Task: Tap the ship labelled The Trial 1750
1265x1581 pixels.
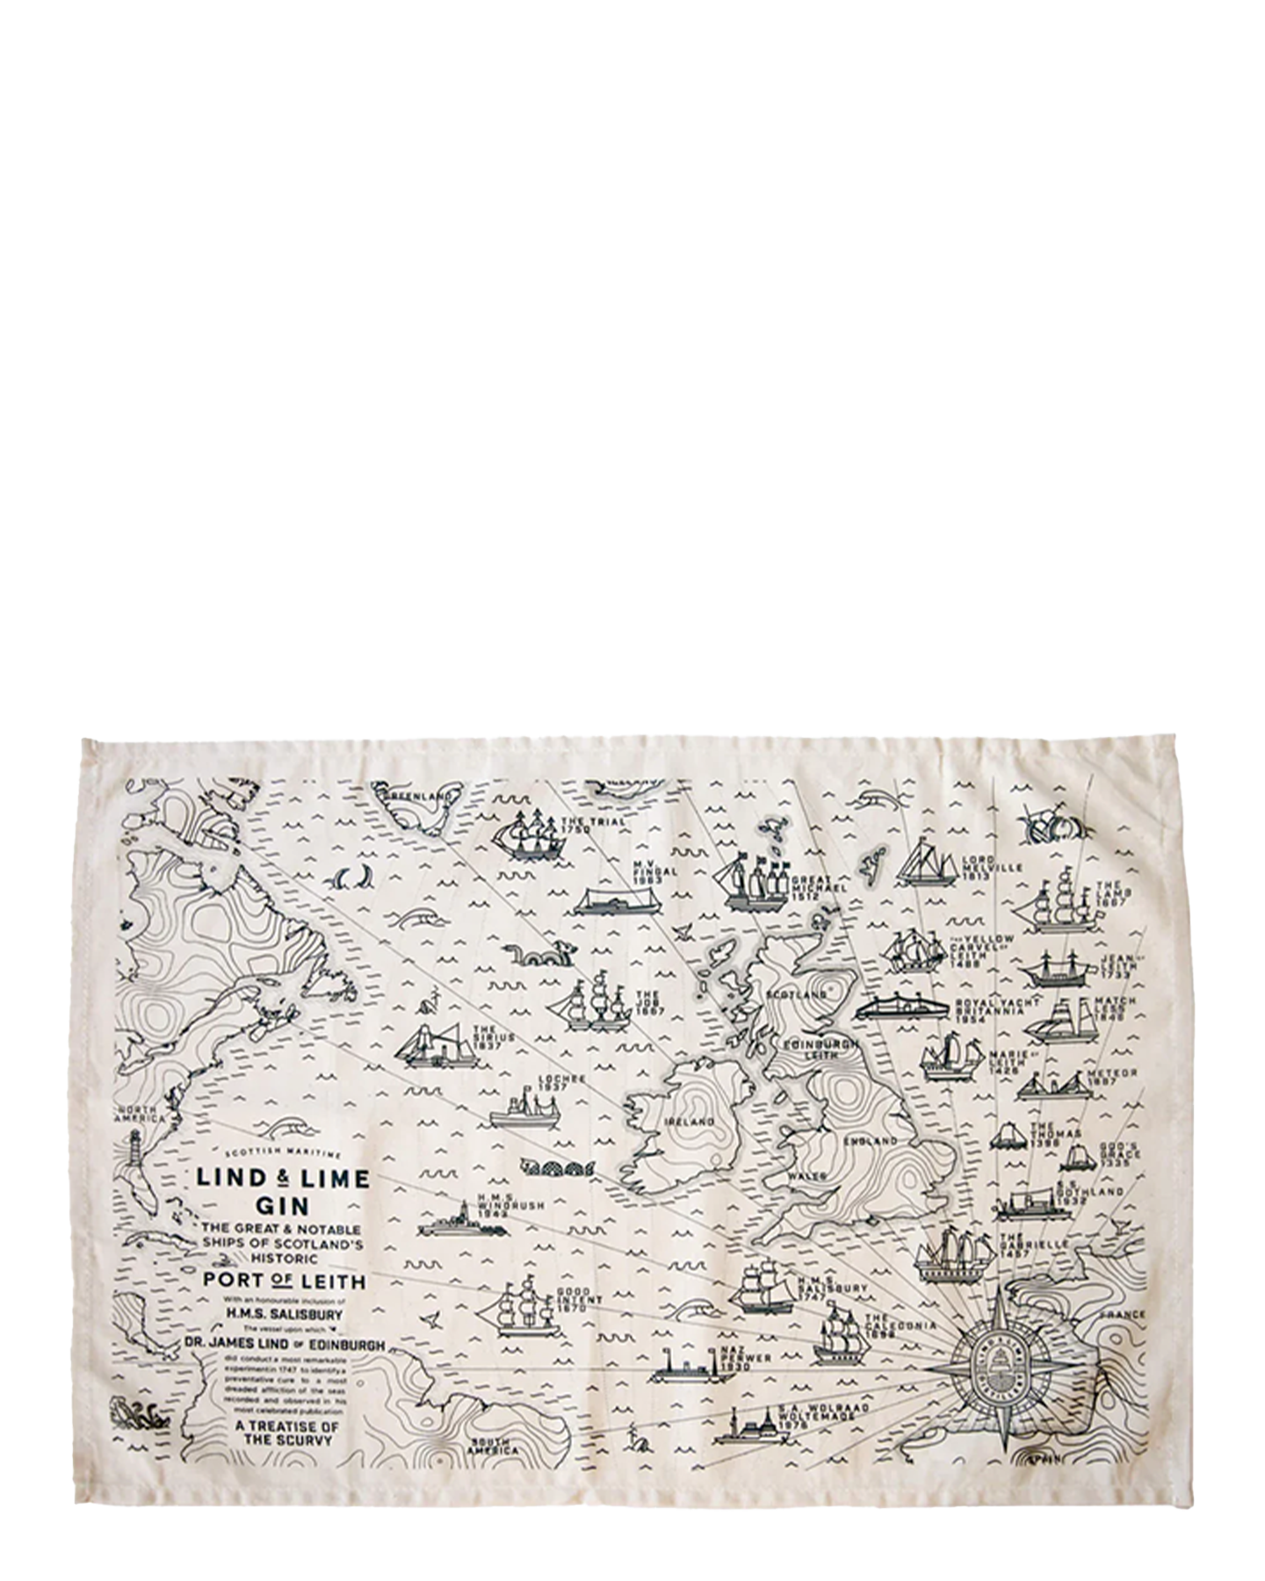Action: click(528, 835)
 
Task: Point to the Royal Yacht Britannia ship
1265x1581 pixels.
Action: click(902, 1006)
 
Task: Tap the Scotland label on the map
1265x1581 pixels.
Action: click(797, 994)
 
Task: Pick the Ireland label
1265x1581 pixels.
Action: click(690, 1122)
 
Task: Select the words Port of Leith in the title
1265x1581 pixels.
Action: click(284, 1280)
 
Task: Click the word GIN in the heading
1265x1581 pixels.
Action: click(282, 1206)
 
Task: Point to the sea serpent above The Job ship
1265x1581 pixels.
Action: click(539, 954)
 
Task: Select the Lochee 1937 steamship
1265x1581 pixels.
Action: click(524, 1110)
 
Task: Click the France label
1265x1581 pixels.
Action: click(1122, 1315)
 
